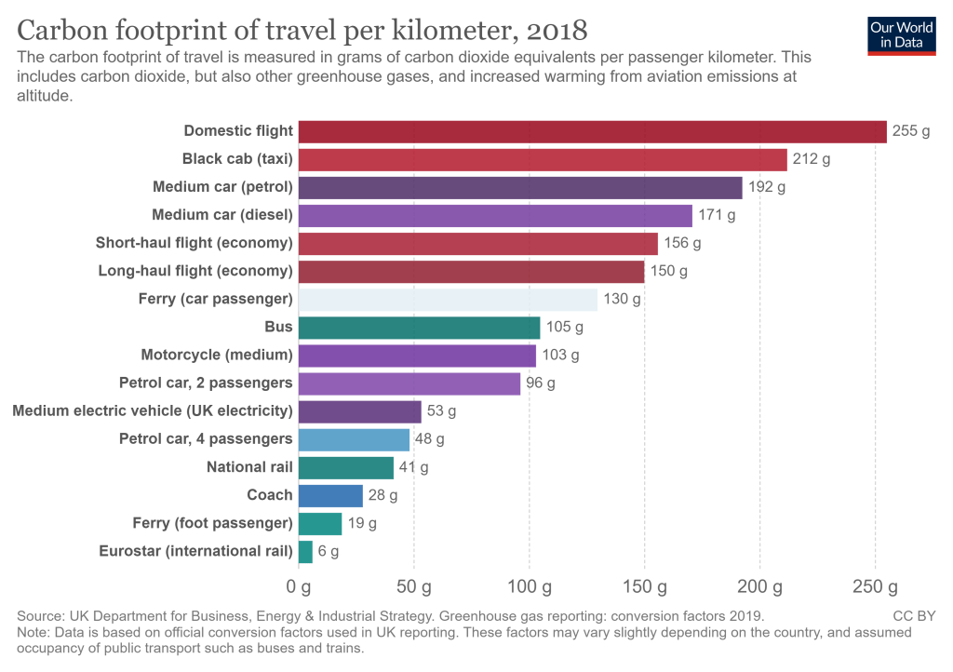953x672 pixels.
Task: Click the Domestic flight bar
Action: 592,131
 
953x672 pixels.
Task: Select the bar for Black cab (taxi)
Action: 543,159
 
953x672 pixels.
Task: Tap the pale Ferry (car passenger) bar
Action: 448,300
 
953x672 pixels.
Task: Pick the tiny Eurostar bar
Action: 305,551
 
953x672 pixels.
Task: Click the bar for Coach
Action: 330,495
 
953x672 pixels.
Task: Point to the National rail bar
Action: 346,467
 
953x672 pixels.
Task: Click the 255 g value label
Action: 911,131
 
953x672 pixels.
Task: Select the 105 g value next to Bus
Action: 565,328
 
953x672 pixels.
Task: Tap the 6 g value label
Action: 329,551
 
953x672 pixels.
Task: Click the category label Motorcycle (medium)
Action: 217,355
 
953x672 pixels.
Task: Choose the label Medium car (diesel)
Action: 222,215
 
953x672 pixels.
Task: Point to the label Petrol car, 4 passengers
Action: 206,438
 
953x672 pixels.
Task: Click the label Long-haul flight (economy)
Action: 195,271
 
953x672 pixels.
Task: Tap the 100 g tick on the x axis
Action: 529,587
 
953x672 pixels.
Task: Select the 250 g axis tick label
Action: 875,587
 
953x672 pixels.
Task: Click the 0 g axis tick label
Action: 298,587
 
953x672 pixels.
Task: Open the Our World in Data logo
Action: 902,34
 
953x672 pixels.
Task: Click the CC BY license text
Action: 914,615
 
